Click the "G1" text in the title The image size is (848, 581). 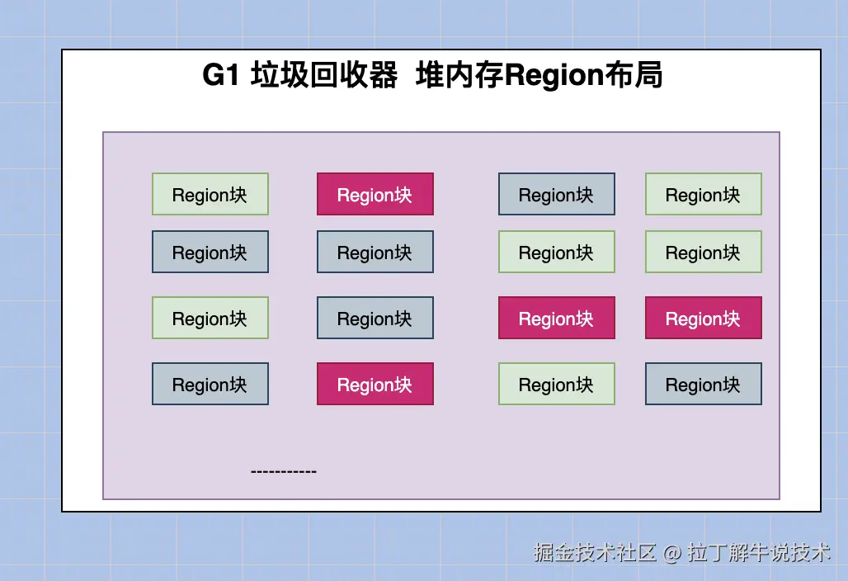tap(220, 74)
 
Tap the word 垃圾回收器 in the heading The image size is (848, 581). tap(324, 74)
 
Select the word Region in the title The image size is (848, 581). tap(554, 76)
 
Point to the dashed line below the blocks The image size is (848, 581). tap(284, 472)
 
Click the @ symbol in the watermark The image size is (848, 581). tap(671, 553)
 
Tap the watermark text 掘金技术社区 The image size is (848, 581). tap(595, 552)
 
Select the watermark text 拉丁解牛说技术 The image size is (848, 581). tap(759, 552)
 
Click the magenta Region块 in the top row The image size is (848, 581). tap(375, 194)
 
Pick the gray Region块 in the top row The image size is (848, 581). tap(557, 194)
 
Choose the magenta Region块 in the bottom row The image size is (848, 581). tap(375, 384)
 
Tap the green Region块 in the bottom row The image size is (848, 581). tap(557, 384)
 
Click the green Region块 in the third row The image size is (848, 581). tap(210, 318)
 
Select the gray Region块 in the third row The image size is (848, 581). tap(375, 318)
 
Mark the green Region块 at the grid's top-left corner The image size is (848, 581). tap(210, 194)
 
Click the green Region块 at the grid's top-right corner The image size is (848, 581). tap(704, 194)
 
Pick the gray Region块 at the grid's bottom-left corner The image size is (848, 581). tap(210, 384)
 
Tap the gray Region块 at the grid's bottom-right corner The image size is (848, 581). tap(704, 384)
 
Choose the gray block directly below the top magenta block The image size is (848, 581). tap(375, 252)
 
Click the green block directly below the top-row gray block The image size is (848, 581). tap(557, 252)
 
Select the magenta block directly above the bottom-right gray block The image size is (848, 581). tap(704, 318)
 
